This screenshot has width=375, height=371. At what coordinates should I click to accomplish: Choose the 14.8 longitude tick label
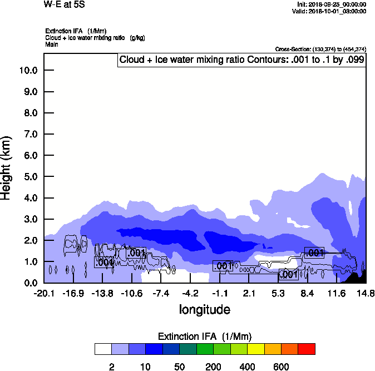point(366,293)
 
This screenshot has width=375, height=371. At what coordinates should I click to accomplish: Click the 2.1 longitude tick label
point(249,293)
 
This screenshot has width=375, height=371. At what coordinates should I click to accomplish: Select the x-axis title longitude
point(204,309)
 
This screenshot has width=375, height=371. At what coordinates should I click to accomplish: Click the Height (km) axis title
point(7,167)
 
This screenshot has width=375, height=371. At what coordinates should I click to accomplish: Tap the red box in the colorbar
point(307,349)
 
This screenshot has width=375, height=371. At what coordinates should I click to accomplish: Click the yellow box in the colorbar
point(255,349)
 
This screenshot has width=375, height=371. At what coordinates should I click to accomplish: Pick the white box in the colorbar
point(103,349)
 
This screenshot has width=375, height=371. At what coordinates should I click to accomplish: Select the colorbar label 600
point(281,367)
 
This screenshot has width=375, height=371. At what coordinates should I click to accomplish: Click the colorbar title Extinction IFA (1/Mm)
point(205,336)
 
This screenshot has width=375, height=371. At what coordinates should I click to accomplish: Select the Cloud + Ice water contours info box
point(242,60)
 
